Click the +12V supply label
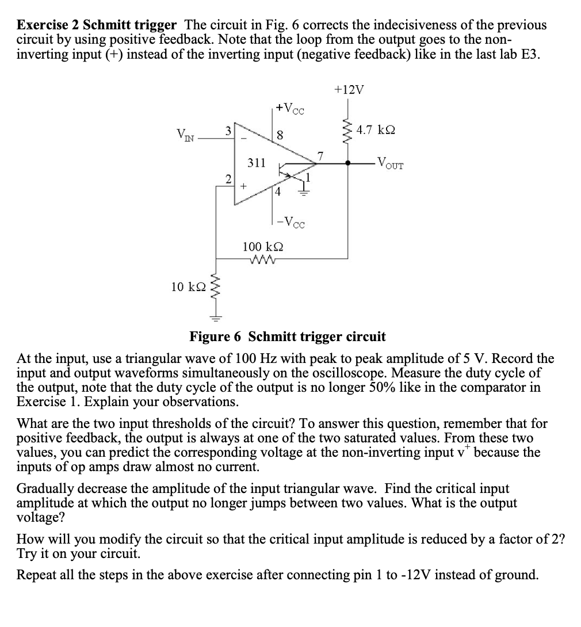coord(349,90)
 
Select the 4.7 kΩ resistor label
coord(375,129)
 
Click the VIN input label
coord(186,136)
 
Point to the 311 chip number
coord(256,163)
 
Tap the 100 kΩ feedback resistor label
coord(262,247)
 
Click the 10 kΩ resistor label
coord(188,286)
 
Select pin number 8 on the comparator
coord(280,136)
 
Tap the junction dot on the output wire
coord(347,163)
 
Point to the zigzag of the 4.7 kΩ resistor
coord(347,131)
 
